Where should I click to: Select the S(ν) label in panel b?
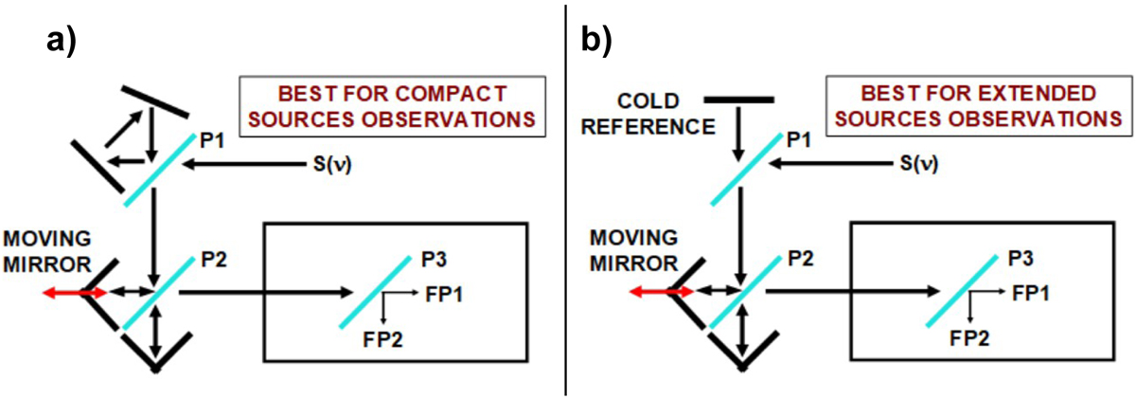(915, 164)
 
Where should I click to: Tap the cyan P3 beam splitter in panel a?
(373, 290)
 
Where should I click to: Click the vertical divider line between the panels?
(566, 199)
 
